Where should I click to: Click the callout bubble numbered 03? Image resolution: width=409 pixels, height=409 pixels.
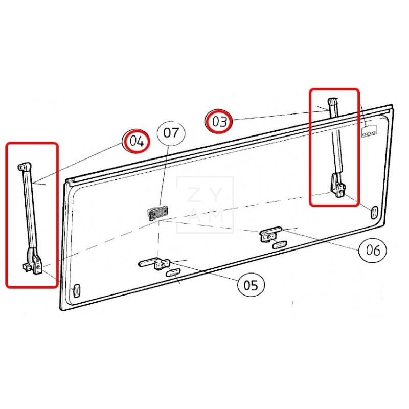click(x=219, y=121)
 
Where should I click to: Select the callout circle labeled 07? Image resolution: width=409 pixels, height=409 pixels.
click(x=171, y=133)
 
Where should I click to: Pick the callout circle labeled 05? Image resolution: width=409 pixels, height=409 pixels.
click(x=251, y=285)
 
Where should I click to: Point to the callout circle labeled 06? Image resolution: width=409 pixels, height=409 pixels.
click(x=373, y=250)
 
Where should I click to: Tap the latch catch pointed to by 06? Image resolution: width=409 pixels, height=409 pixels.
click(x=270, y=234)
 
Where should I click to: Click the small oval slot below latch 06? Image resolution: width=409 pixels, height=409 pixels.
click(x=280, y=245)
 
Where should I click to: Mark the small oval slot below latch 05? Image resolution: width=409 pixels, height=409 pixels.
click(x=173, y=272)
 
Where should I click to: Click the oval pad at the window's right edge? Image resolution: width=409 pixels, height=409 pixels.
click(x=374, y=212)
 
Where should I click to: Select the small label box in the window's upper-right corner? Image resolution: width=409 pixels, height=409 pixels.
click(x=370, y=132)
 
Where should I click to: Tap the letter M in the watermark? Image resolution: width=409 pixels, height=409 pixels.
click(x=216, y=215)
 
